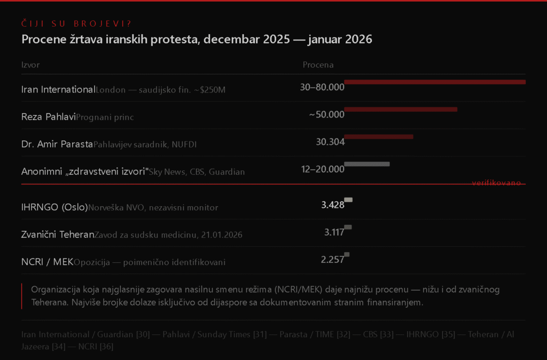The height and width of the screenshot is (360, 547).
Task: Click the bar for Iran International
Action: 434,82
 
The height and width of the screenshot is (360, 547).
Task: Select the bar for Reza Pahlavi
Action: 401,109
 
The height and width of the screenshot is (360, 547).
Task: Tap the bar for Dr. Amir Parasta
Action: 378,137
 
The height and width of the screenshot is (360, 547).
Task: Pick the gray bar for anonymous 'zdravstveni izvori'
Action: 367,164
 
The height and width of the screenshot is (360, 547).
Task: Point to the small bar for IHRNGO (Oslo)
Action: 348,200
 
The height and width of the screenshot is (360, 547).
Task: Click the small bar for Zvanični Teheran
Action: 348,227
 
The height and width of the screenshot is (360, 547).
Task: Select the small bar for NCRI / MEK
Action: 347,254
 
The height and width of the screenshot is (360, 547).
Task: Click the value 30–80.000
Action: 322,87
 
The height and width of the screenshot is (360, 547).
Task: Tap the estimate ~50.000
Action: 326,114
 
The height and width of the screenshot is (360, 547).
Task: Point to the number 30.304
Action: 330,142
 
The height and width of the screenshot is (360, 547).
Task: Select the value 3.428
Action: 333,205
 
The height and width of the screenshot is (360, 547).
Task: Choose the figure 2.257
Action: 332,260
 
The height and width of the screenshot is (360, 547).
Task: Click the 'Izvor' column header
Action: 30,65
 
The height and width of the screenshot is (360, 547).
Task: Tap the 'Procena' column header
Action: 318,65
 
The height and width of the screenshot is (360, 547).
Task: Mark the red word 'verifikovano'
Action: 496,183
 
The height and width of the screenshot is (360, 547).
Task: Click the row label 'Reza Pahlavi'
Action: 48,116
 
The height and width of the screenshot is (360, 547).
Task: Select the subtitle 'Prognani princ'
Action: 105,118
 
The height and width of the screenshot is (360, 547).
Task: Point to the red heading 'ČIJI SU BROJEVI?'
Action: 76,24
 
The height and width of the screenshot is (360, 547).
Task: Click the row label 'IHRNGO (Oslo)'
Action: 54,207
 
